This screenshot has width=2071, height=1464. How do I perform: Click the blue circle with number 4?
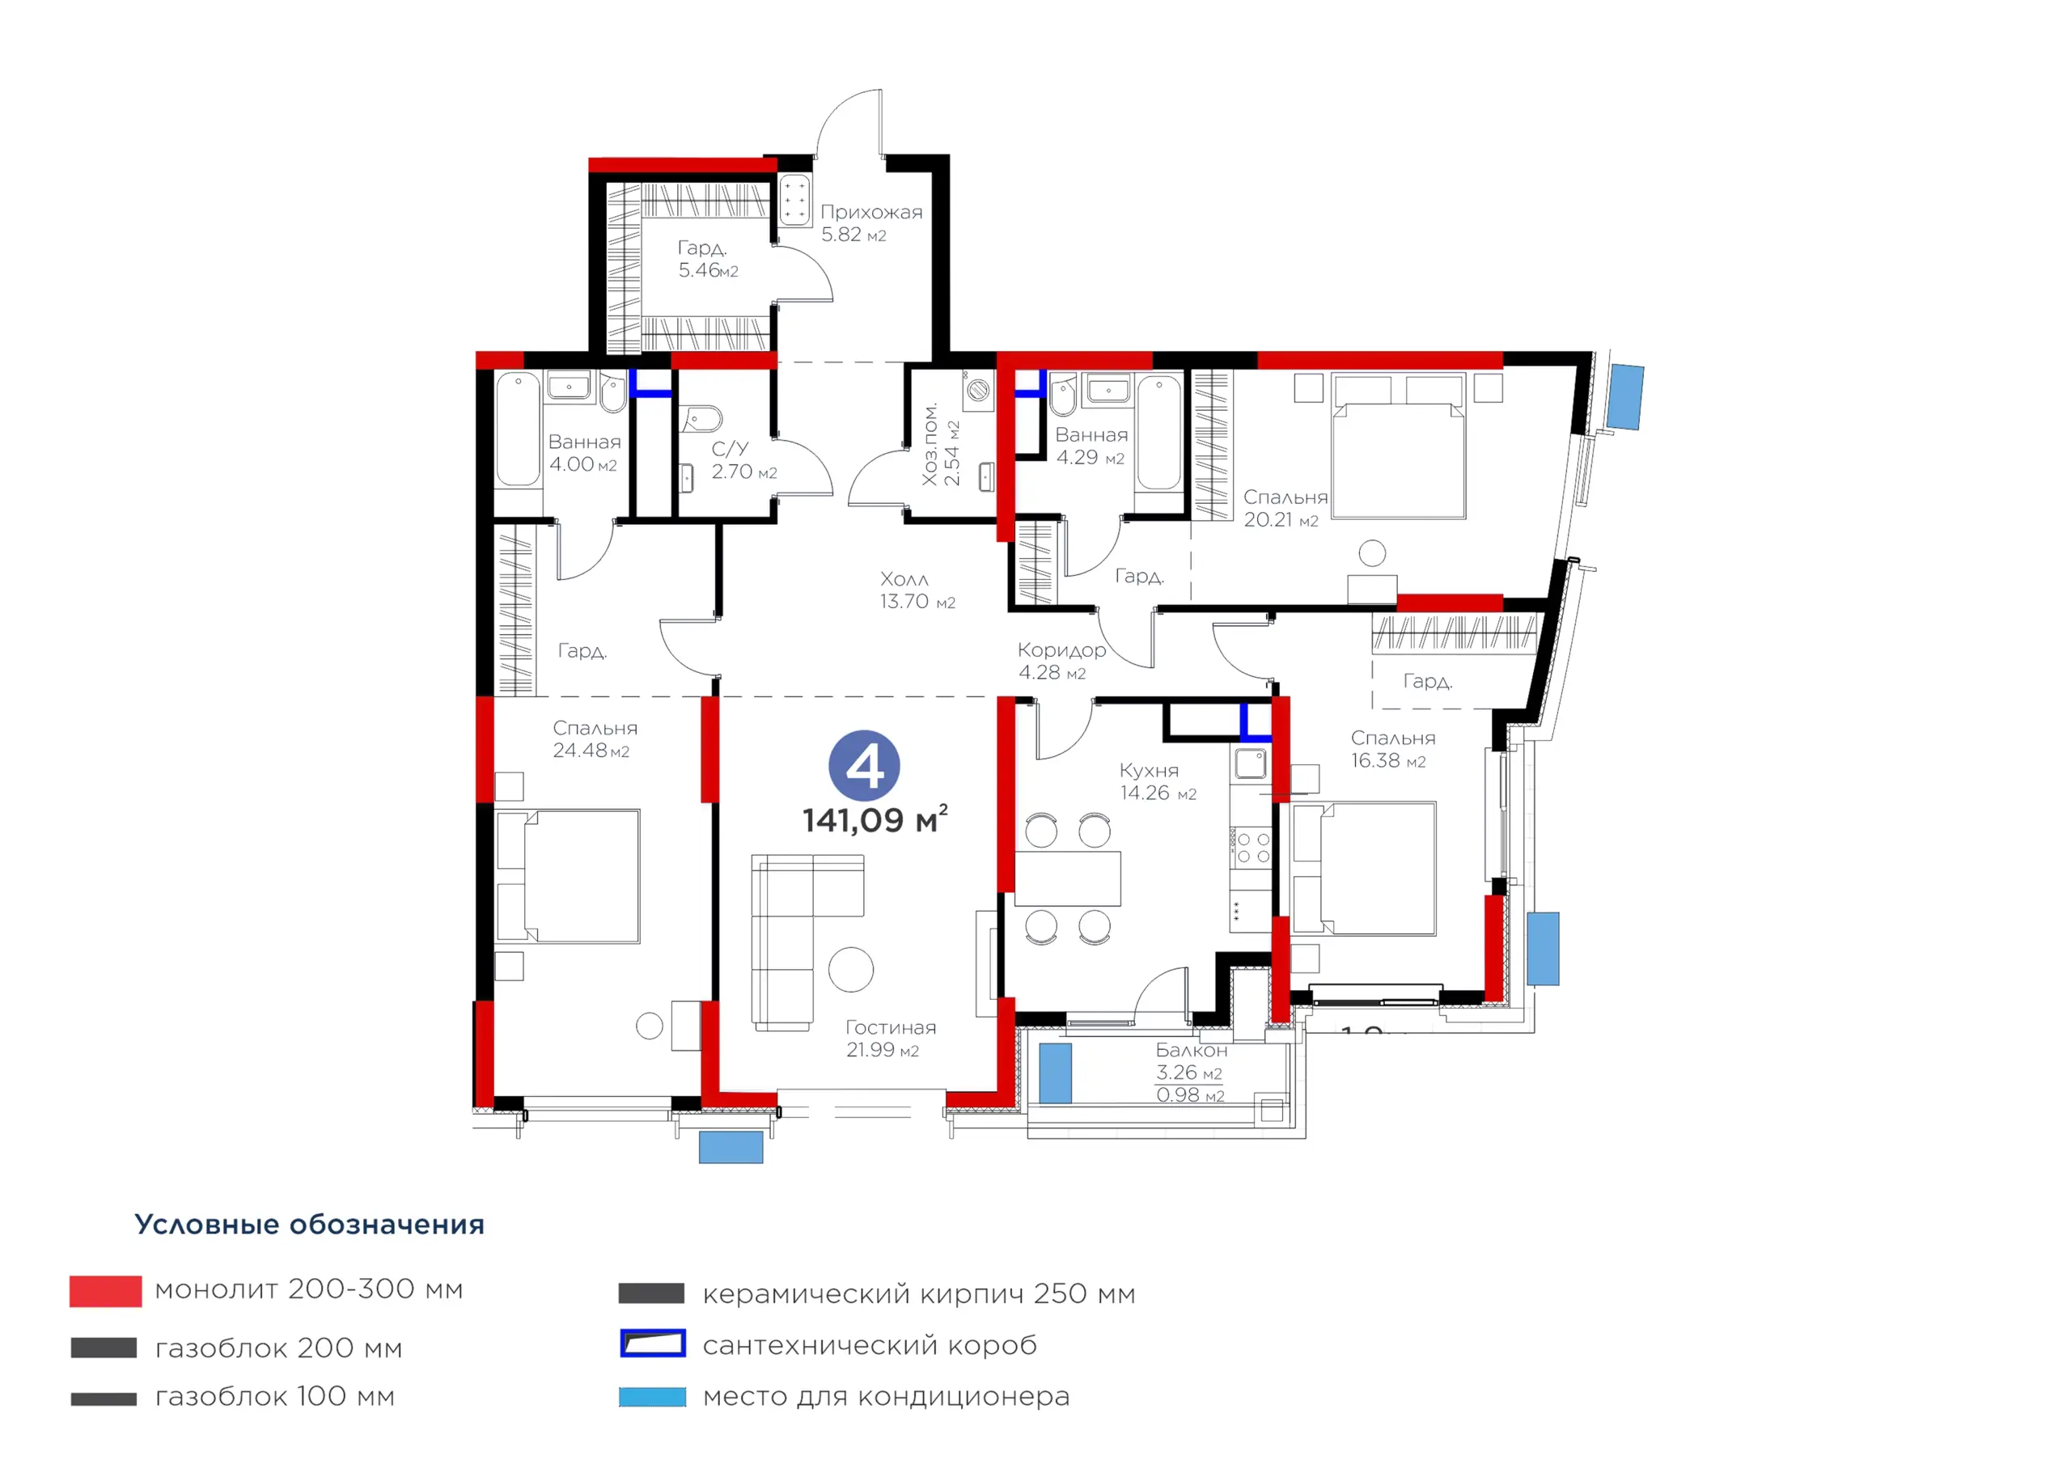(x=864, y=766)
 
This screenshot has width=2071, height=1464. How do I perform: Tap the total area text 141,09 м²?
(x=875, y=819)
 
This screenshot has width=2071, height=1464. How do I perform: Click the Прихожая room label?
(x=871, y=212)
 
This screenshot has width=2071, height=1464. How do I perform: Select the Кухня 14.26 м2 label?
(x=1158, y=781)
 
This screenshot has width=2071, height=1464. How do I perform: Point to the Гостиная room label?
(x=890, y=1027)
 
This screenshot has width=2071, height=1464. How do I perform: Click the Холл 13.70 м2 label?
(x=917, y=590)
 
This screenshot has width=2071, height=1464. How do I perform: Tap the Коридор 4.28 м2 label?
(x=1061, y=661)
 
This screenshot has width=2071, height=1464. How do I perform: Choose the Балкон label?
(x=1192, y=1050)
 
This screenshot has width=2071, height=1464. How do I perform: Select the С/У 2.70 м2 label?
(x=744, y=460)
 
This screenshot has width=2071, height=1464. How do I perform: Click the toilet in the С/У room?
(x=703, y=420)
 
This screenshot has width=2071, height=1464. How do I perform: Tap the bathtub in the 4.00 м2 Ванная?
(x=518, y=429)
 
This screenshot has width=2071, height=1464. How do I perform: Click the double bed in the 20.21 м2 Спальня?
(x=1398, y=446)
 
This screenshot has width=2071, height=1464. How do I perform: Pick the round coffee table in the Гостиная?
(x=850, y=970)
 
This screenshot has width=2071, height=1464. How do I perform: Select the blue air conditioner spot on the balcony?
(x=1056, y=1073)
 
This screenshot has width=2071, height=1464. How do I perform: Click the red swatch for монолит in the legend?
(x=105, y=1291)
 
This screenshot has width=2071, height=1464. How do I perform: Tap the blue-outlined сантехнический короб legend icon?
(x=653, y=1343)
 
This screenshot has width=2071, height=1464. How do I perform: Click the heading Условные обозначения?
(x=309, y=1225)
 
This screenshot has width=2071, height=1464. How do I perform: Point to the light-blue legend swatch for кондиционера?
(x=652, y=1397)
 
